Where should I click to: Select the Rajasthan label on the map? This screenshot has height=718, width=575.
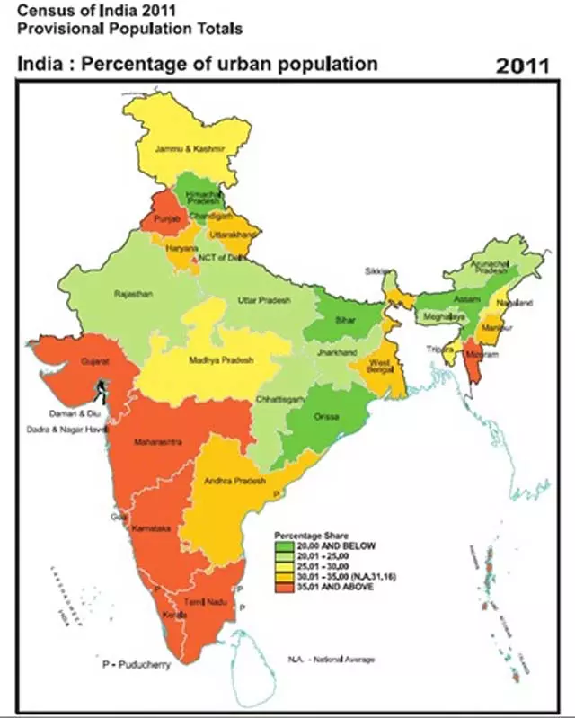coord(134,294)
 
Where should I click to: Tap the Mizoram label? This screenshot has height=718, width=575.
coord(475,356)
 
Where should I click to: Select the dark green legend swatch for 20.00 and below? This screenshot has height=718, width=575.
coord(283,545)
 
